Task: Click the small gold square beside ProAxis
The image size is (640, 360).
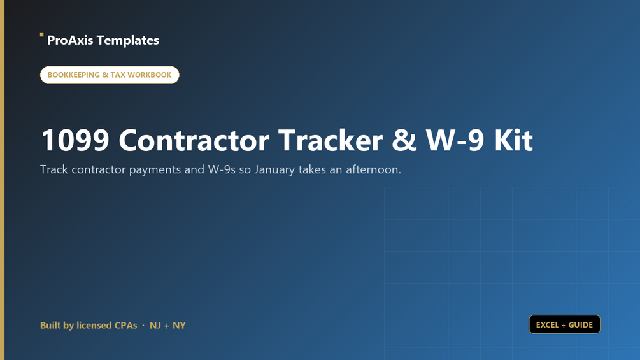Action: click(x=41, y=35)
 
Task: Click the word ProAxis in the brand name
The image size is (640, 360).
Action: click(x=70, y=40)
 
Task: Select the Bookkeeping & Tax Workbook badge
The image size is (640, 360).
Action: click(x=110, y=75)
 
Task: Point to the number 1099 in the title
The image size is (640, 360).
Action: click(x=75, y=140)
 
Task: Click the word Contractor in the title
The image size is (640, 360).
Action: click(x=194, y=140)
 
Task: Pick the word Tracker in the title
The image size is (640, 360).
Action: click(x=331, y=140)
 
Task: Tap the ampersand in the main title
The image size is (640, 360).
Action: click(x=404, y=140)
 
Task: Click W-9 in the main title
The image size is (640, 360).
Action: click(x=455, y=140)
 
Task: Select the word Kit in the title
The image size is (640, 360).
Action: click(x=513, y=140)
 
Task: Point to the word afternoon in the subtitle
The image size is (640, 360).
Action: click(x=373, y=169)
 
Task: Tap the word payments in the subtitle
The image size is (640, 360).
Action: click(x=155, y=169)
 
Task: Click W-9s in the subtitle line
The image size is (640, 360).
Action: click(x=222, y=169)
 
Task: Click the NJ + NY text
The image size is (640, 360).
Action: click(x=167, y=326)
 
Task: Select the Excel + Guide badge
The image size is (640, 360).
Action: click(x=564, y=324)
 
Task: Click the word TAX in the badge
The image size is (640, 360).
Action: click(x=118, y=75)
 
